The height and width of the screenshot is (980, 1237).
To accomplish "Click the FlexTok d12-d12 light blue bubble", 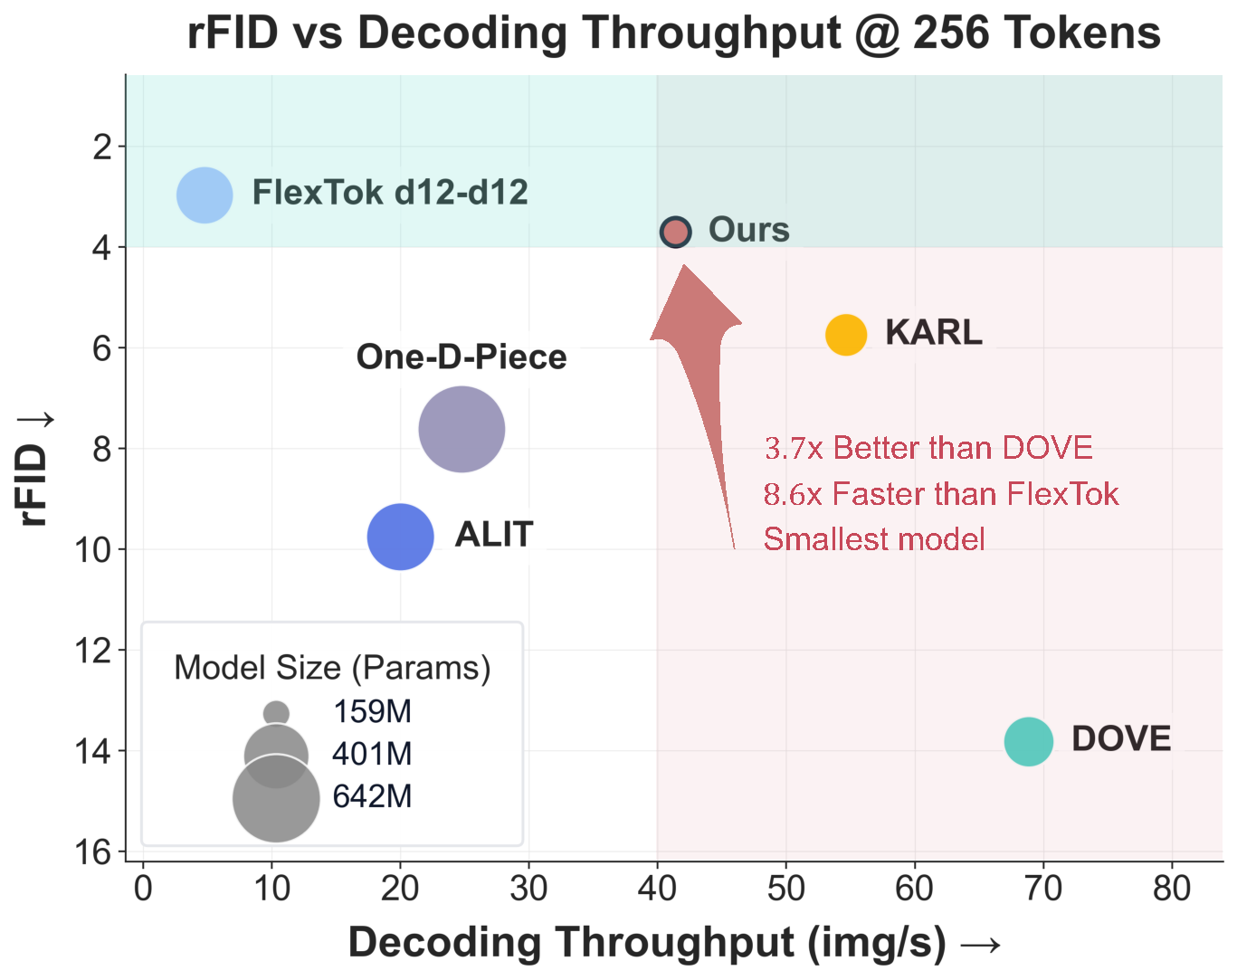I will pos(205,195).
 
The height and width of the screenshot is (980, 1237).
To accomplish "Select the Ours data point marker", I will pos(675,232).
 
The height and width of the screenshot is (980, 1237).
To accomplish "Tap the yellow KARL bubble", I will pos(846,335).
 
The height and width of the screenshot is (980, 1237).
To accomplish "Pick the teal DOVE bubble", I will pos(1028,741).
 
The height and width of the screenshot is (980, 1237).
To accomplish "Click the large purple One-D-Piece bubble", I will pos(461,429).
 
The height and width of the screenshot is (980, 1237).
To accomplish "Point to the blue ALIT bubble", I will pos(400,537).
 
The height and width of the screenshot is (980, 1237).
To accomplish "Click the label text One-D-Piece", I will pos(461,357).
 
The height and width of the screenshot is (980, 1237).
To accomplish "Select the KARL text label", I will pos(933,332).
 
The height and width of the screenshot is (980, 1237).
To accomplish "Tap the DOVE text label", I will pos(1120,739).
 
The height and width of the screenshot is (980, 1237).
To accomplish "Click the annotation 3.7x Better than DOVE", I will pos(928,448).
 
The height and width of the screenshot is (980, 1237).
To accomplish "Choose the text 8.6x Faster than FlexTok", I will pos(941,494).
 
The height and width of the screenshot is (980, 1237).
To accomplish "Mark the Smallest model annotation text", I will pos(874,539).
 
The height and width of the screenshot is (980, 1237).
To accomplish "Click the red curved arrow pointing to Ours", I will pos(702,362).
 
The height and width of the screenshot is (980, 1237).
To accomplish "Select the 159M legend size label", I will pos(372,712).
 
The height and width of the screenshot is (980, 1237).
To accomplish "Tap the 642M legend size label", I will pos(372,796).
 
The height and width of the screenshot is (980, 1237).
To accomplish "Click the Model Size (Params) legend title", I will pos(332,668).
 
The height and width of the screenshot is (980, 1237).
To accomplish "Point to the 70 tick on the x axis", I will pos(1043,889).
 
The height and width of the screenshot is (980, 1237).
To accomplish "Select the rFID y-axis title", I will pos(34,471).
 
